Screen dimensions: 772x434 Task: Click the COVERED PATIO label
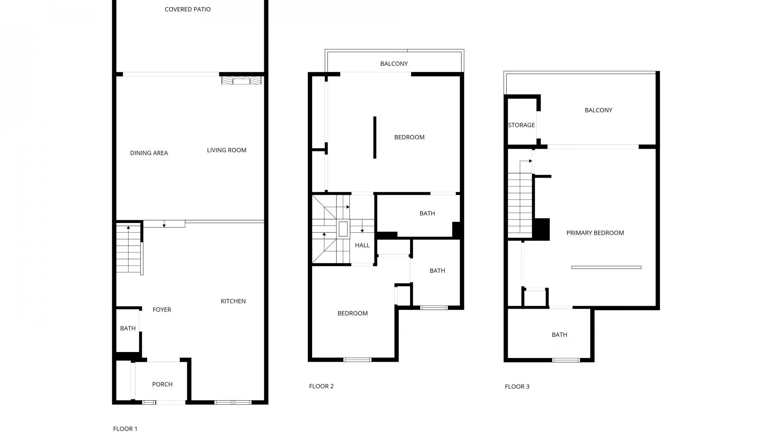[188, 9]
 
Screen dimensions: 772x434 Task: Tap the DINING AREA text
[149, 153]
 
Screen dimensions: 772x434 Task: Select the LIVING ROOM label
[227, 150]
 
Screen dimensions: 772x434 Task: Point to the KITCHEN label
[233, 301]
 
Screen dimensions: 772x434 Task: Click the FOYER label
[162, 310]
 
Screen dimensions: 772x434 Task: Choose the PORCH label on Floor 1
[162, 385]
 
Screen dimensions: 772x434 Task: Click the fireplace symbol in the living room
[241, 80]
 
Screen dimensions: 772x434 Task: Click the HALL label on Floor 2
[362, 246]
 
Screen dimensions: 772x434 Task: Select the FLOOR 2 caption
[321, 387]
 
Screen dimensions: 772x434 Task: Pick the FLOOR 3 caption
[517, 387]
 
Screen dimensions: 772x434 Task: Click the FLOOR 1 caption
[125, 429]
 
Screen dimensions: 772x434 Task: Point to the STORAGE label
[522, 125]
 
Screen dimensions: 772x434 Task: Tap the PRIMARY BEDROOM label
[595, 233]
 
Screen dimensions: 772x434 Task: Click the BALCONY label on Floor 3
[598, 111]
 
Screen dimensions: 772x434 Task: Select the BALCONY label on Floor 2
[394, 64]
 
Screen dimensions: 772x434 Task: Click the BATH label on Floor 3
[559, 335]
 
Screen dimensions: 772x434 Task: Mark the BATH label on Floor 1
[128, 329]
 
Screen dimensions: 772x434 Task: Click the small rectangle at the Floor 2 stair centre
[343, 229]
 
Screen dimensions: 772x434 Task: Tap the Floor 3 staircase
[520, 205]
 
